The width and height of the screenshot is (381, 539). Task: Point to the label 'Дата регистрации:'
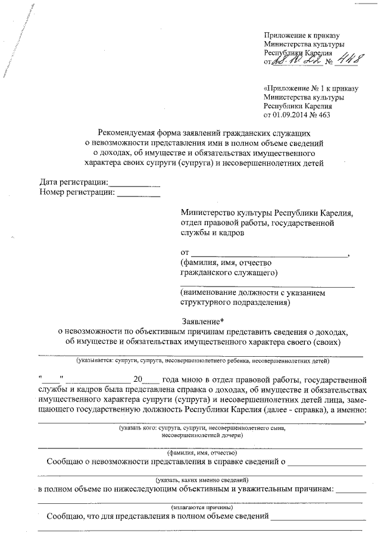[74, 182]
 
